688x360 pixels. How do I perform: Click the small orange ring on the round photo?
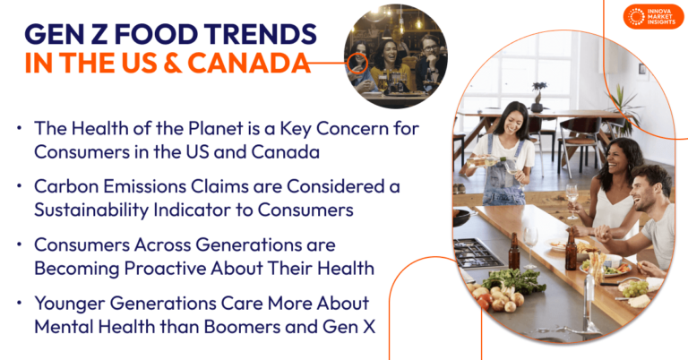[357, 63]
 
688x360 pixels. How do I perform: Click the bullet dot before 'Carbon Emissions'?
[19, 185]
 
